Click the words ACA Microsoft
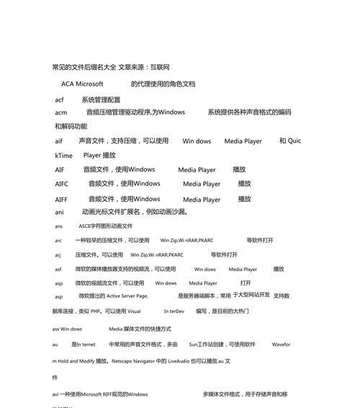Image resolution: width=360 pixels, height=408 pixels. coord(82,84)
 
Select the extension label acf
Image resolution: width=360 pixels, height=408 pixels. coord(60,100)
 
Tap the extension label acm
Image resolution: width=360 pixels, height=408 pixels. coord(61,112)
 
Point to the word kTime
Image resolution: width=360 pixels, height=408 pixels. coord(63,155)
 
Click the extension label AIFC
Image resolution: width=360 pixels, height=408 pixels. coord(62,184)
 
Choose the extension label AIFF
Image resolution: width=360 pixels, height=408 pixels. coord(62,199)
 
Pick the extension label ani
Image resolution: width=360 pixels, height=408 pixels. coord(60,213)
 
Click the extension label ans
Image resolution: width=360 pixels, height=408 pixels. coord(58,226)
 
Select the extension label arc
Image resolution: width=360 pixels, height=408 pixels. coord(58,240)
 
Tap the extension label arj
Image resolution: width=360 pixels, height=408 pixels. coord(58,254)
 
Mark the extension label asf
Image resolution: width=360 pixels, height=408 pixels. coord(58,269)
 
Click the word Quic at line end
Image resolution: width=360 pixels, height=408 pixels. coord(294,141)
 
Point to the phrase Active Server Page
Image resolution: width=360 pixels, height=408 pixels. coord(127,296)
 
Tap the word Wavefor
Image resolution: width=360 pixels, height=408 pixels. coord(281,345)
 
